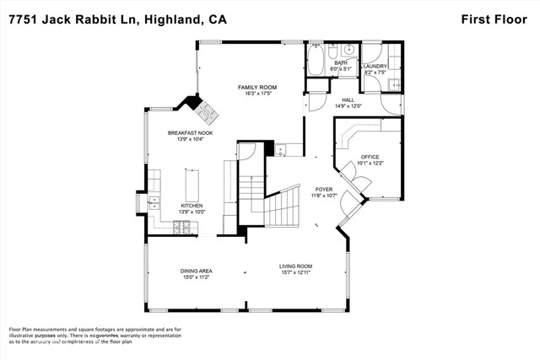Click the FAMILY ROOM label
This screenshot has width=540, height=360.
256,88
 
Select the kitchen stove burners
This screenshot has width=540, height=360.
182,226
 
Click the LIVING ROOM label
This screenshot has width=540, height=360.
296,267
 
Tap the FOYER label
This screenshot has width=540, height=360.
324,189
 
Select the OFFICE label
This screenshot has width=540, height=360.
370,157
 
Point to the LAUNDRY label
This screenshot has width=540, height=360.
375,67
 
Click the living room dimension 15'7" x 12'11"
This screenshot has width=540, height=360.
296,274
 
